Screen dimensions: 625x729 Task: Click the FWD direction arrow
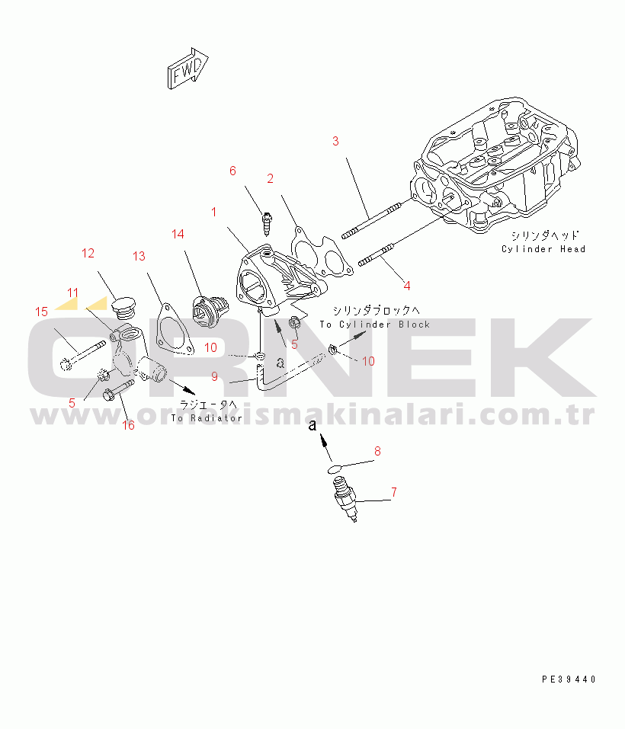click(187, 69)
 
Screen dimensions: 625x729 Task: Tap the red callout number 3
click(335, 142)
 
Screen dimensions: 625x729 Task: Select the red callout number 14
click(178, 234)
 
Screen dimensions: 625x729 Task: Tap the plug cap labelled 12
click(123, 309)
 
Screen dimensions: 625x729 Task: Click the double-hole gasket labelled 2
click(322, 252)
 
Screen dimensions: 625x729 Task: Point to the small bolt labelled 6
click(267, 224)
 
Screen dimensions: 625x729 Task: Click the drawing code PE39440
click(569, 679)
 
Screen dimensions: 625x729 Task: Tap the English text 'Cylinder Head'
click(543, 249)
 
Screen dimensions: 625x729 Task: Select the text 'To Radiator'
click(207, 418)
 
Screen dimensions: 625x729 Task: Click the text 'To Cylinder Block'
click(375, 325)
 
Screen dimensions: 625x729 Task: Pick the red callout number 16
click(128, 425)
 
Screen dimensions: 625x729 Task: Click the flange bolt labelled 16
click(118, 390)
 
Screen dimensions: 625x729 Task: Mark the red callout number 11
click(72, 293)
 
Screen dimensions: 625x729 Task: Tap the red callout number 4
click(407, 286)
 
